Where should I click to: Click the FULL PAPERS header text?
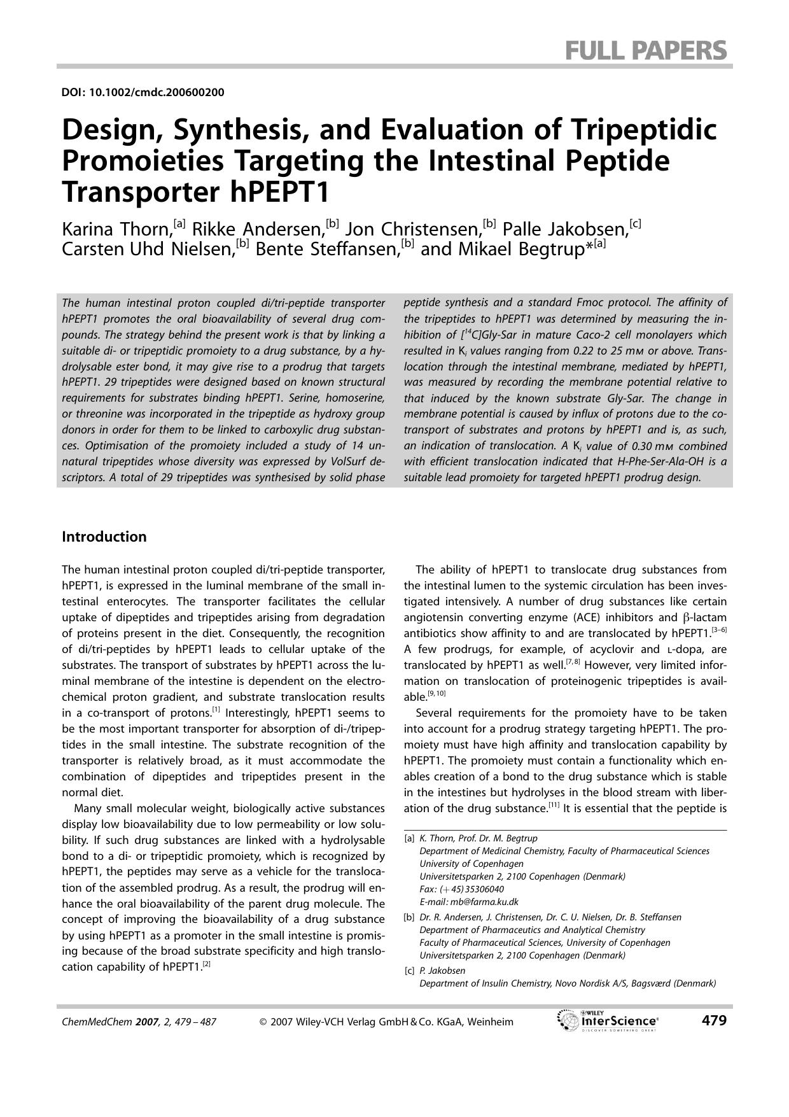645,50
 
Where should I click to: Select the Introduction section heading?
104,537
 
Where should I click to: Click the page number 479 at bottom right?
713,1021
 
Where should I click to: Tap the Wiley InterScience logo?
608,1021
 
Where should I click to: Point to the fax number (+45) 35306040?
471,889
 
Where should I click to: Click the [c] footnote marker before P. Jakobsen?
409,971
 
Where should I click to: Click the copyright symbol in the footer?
263,1022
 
